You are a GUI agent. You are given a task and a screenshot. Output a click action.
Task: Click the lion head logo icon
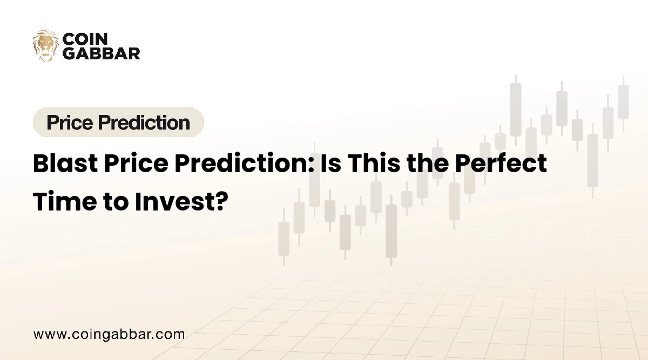point(45,45)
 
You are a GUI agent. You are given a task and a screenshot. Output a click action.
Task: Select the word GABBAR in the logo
point(102,53)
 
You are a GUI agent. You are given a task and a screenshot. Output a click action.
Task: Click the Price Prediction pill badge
point(118,123)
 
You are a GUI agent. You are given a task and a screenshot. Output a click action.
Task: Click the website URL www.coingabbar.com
point(109,334)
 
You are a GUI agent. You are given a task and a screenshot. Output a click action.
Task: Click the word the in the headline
point(428,164)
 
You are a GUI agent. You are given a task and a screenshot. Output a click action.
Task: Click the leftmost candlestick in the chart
point(283,237)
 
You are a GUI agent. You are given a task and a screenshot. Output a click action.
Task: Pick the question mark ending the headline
point(220,201)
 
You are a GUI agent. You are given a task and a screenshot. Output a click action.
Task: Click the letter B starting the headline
point(41,164)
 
